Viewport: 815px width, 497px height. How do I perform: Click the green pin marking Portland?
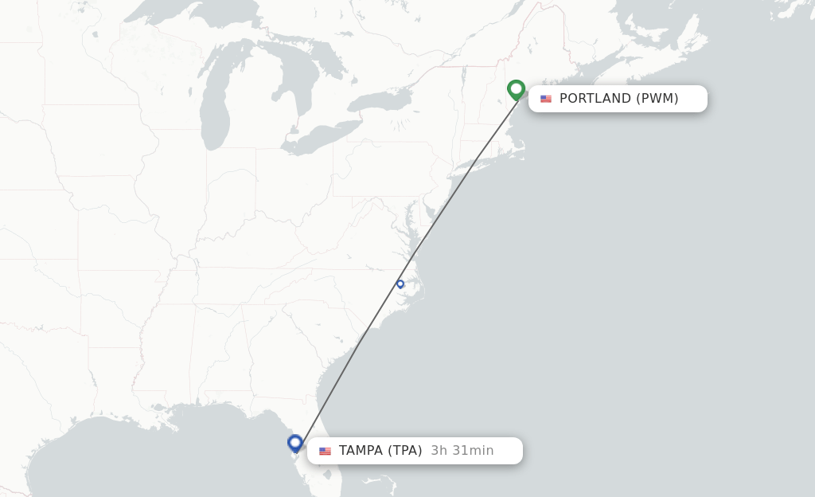(516, 89)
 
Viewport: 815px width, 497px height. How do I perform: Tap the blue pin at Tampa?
(295, 443)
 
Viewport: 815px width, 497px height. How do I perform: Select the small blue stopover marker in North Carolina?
(400, 284)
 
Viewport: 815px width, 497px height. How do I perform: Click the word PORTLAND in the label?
(595, 99)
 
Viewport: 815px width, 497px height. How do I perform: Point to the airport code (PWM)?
(657, 99)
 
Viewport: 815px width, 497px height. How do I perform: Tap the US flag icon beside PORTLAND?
(546, 99)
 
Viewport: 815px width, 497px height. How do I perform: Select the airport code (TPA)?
(405, 451)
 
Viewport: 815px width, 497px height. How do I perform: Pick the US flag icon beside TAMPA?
(325, 451)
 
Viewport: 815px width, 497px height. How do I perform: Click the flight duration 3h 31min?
(462, 451)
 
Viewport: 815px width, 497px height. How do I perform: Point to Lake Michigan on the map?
(213, 104)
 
